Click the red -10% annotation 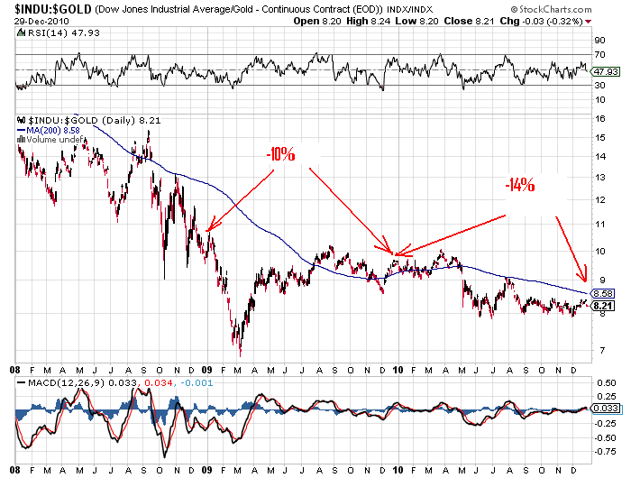click(x=280, y=154)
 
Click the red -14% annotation click(x=520, y=187)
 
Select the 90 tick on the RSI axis click(x=597, y=40)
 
